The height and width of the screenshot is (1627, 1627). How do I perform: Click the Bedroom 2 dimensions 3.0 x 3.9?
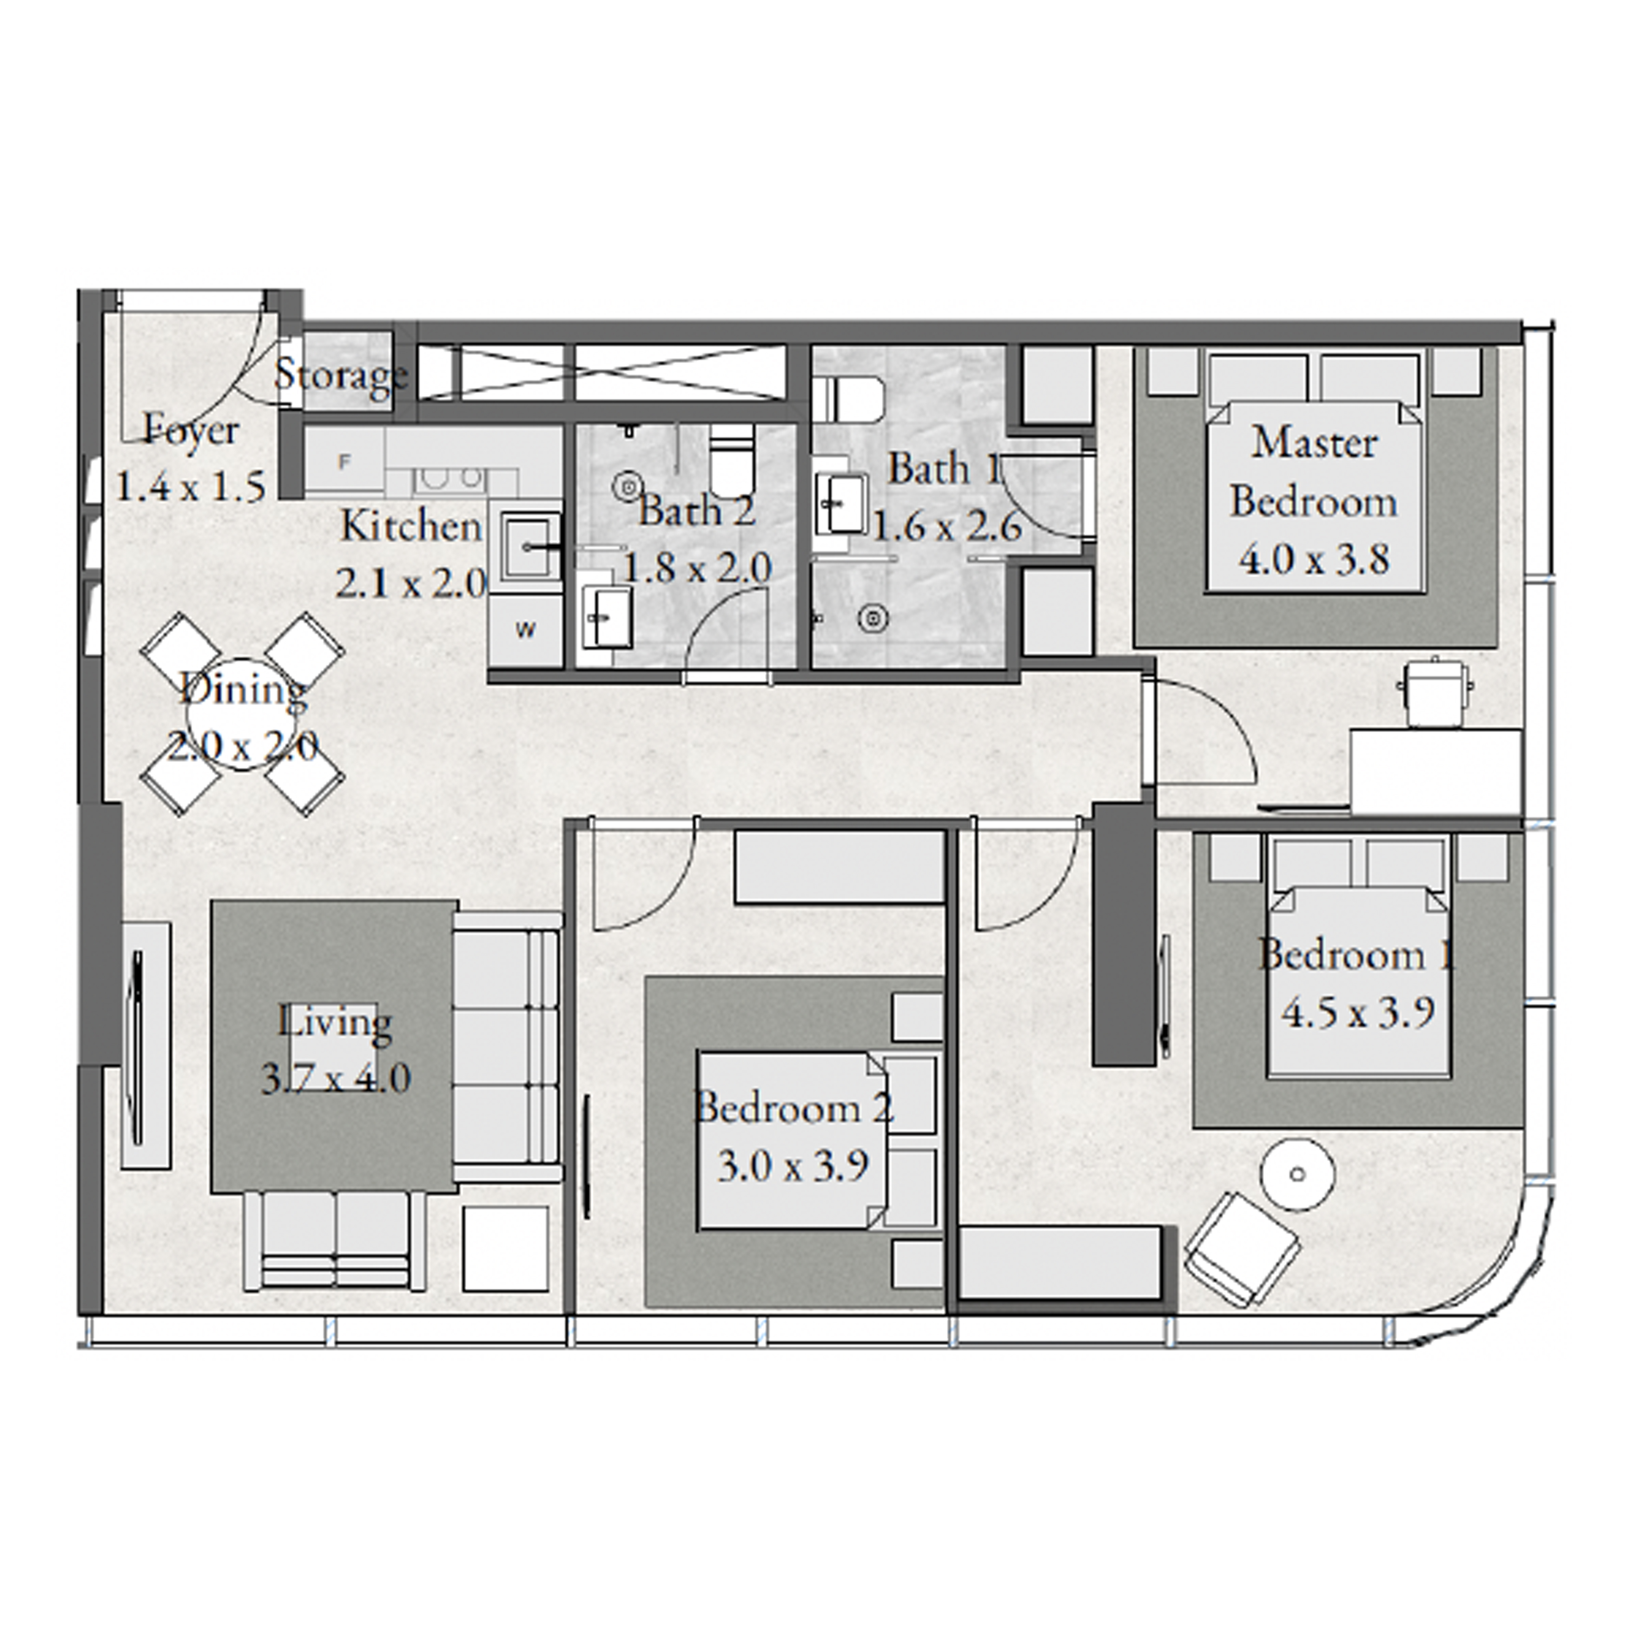pos(794,1167)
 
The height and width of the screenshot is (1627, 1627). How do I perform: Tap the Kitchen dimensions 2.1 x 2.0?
pos(411,583)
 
